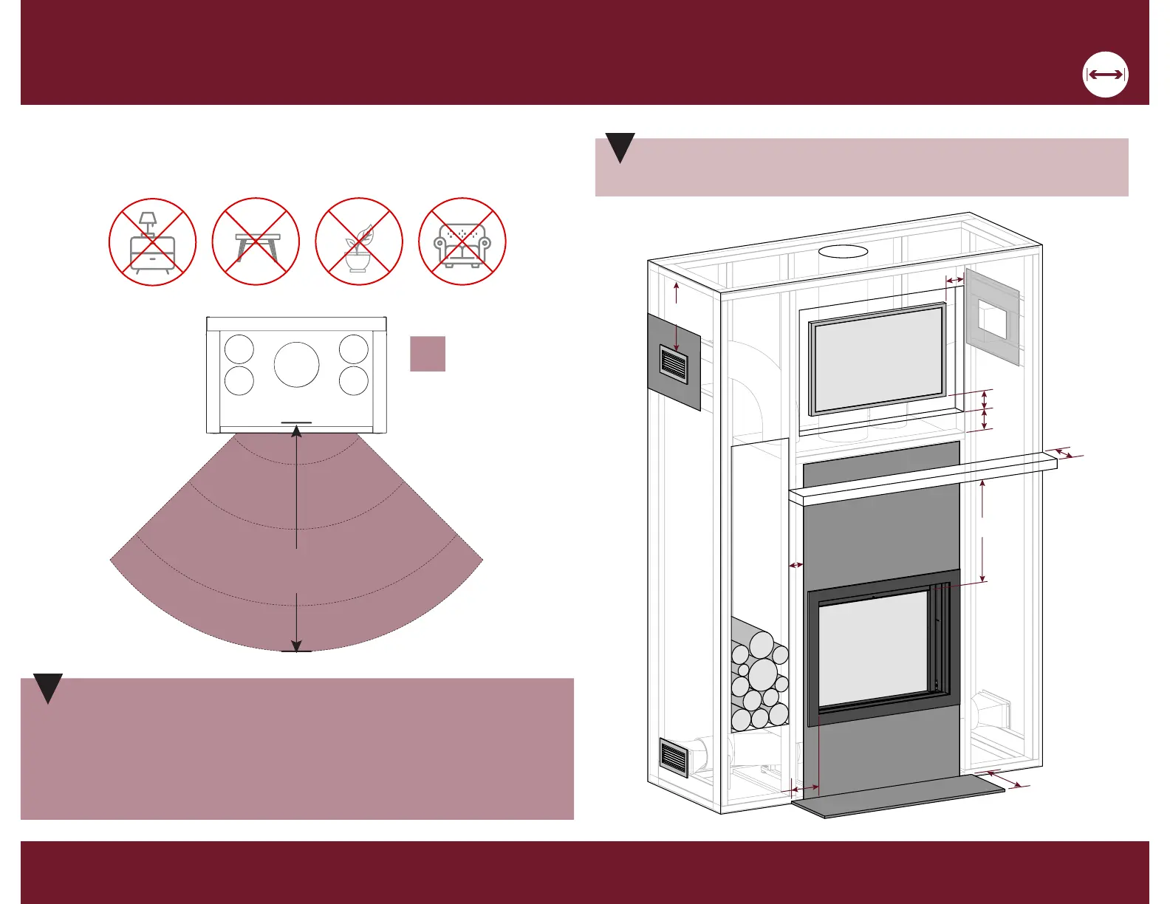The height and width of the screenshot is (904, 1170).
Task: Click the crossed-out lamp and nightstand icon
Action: coord(152,242)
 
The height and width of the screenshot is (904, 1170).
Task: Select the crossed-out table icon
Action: coord(256,242)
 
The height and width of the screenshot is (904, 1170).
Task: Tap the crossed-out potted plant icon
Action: coord(359,242)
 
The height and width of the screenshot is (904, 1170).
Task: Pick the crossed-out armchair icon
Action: coord(462,242)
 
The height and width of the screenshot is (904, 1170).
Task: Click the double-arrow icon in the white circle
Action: coord(1106,75)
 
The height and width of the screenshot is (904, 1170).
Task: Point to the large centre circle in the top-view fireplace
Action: coord(297,365)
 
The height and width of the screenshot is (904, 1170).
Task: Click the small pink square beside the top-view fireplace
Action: coord(428,353)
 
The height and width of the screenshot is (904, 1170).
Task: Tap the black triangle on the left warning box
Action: coord(48,688)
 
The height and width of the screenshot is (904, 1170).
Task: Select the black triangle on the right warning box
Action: coord(620,147)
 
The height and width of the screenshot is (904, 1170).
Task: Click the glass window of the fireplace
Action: coord(873,648)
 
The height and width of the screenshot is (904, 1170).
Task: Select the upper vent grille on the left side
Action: coord(673,366)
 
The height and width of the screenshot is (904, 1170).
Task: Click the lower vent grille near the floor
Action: coord(673,758)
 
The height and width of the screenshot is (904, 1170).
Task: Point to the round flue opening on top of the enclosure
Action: coord(844,252)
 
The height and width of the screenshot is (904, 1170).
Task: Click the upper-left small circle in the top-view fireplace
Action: coord(239,349)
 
